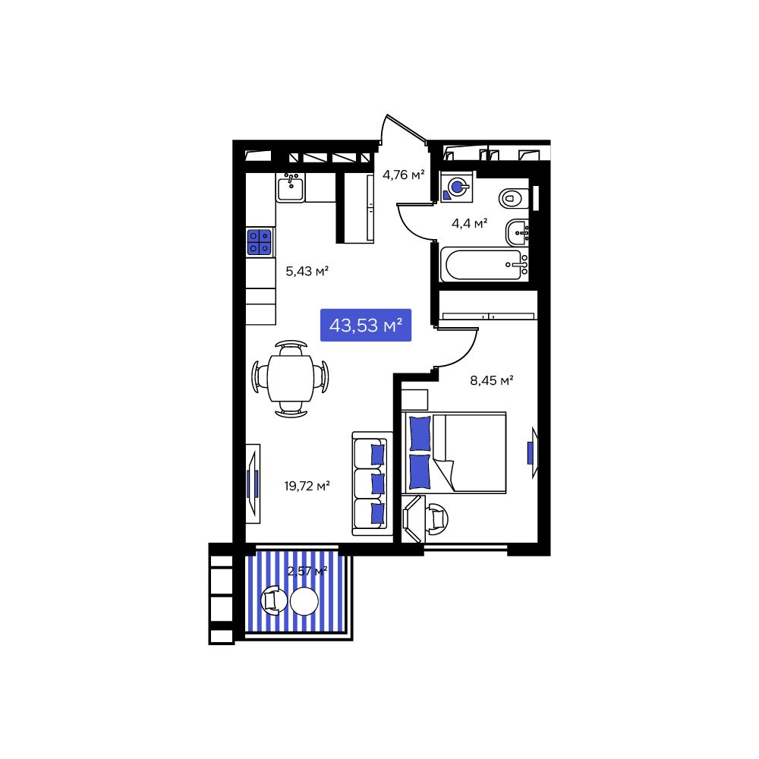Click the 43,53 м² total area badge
click(366, 326)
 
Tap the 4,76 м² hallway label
click(403, 175)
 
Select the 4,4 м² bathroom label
click(469, 223)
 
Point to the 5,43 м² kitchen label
click(307, 270)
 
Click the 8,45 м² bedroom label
click(493, 380)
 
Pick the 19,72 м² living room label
click(307, 486)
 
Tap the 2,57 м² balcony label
click(307, 571)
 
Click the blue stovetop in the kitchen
click(260, 242)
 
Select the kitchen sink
click(290, 187)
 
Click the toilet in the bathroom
click(514, 199)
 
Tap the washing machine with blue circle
click(458, 187)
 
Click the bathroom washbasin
click(518, 230)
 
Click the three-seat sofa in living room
click(371, 482)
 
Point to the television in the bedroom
click(533, 453)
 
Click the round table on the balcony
click(304, 602)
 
